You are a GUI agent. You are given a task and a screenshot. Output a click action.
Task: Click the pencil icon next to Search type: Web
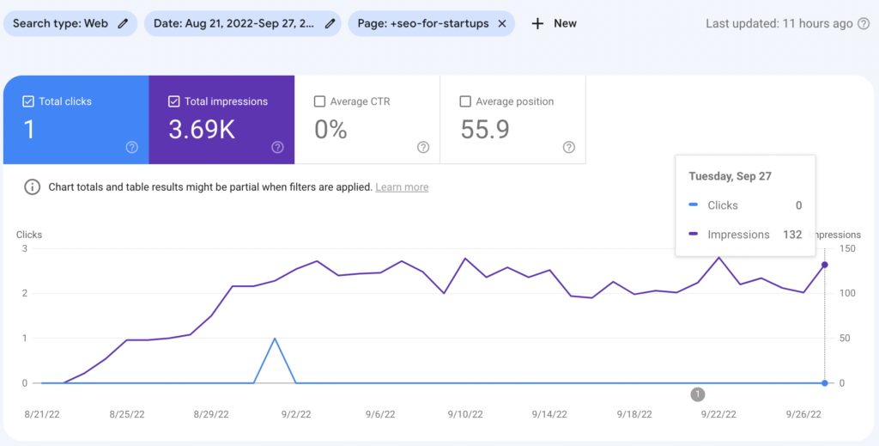[123, 23]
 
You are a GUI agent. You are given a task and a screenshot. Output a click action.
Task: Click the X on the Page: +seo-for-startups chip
[502, 23]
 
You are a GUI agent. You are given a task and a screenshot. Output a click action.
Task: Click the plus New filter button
[554, 23]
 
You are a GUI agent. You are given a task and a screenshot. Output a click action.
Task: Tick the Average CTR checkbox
[320, 101]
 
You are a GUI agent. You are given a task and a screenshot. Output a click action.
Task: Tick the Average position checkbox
[465, 101]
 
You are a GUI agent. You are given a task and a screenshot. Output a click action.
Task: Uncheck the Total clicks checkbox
[28, 101]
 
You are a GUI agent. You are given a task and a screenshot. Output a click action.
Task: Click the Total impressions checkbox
[173, 101]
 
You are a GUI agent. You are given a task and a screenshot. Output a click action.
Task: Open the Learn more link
[402, 186]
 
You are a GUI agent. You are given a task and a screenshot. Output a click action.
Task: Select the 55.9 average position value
[485, 130]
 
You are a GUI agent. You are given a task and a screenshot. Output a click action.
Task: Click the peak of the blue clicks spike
[275, 338]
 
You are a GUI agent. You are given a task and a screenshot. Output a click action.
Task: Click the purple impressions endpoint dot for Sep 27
[825, 265]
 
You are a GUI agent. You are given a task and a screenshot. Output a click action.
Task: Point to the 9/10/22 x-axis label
[465, 413]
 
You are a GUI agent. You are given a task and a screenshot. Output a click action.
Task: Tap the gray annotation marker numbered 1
[698, 394]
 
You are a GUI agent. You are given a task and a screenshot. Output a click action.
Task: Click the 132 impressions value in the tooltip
[791, 234]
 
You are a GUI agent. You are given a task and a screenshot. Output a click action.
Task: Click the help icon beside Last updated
[864, 23]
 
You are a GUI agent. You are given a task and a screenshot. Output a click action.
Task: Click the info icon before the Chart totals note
[33, 186]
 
